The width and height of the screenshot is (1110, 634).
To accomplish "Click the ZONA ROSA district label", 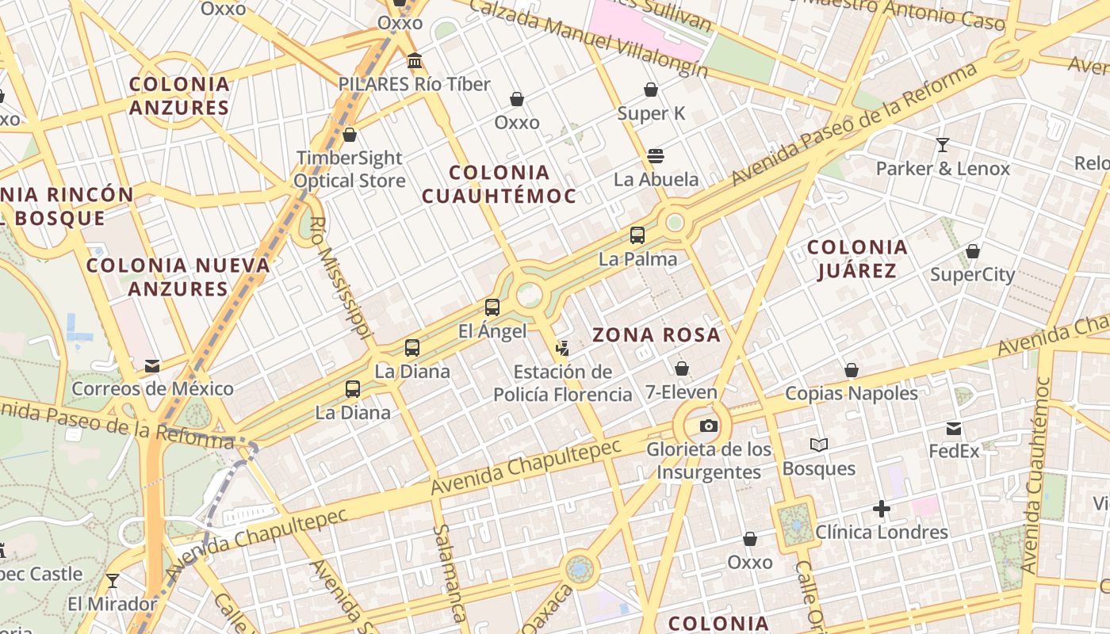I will point(656,335).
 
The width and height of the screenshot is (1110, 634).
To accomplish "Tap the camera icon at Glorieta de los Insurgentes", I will point(709,426).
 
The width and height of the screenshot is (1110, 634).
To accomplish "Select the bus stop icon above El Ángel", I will point(492,307).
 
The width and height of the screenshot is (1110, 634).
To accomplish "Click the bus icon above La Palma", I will point(637,235).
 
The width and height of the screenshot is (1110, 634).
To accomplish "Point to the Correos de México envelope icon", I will point(152,366).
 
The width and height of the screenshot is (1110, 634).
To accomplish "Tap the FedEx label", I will point(954,451).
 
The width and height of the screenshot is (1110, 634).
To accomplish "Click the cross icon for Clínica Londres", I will point(881,509).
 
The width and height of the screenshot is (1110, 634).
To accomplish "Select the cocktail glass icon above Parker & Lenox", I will point(942,145).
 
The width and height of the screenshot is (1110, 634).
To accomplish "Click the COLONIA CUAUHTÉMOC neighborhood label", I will point(499,184).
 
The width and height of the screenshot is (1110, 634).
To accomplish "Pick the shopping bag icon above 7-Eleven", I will point(681,369).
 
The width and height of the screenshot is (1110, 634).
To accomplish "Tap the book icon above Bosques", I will point(818,445).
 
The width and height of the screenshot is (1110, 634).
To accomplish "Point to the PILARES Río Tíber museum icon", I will point(414,61).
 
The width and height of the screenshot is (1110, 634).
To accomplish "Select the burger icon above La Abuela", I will point(655,156).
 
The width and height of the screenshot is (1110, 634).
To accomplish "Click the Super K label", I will point(651,113).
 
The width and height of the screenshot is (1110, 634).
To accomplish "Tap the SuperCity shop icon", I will point(972,252).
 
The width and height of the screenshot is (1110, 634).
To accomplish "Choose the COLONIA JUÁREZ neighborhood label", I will point(856,259).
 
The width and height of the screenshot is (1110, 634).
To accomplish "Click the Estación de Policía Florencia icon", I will point(562,347).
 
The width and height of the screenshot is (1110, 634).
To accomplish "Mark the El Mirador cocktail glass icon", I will point(112,581).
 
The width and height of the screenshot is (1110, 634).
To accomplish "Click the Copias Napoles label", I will point(851,393).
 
